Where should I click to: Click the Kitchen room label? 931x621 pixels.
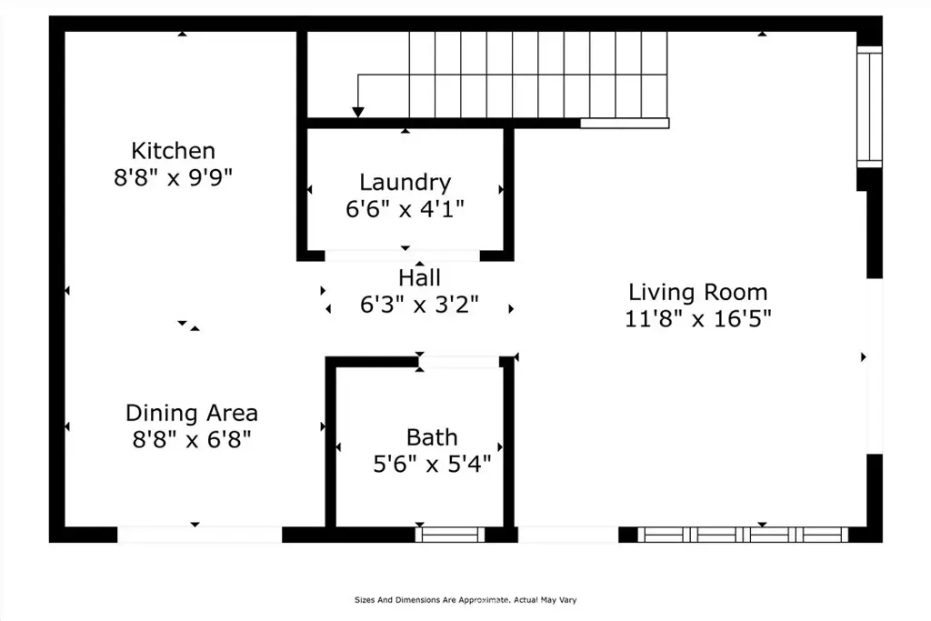pyautogui.click(x=173, y=151)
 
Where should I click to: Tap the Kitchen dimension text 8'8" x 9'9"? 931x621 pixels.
pyautogui.click(x=173, y=177)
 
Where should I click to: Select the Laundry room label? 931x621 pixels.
pyautogui.click(x=405, y=182)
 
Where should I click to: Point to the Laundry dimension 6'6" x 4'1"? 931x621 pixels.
pyautogui.click(x=405, y=208)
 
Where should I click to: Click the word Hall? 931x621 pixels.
pyautogui.click(x=419, y=278)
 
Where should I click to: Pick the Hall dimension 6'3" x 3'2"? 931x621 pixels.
pyautogui.click(x=419, y=305)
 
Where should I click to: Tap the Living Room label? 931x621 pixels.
pyautogui.click(x=697, y=292)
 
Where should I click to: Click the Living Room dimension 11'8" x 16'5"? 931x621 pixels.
pyautogui.click(x=697, y=319)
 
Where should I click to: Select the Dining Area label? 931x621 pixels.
pyautogui.click(x=191, y=413)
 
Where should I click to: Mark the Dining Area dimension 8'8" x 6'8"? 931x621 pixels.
pyautogui.click(x=191, y=440)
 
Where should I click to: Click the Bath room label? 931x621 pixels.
pyautogui.click(x=432, y=437)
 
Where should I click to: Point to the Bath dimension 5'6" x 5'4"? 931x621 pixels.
pyautogui.click(x=432, y=464)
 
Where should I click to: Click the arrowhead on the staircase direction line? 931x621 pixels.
pyautogui.click(x=358, y=112)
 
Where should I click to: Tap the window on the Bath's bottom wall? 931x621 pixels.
pyautogui.click(x=449, y=535)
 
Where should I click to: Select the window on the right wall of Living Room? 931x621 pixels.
pyautogui.click(x=869, y=107)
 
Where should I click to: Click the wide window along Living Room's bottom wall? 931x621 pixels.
pyautogui.click(x=743, y=535)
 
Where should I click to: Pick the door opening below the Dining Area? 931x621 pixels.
pyautogui.click(x=199, y=535)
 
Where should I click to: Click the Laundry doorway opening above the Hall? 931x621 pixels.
pyautogui.click(x=402, y=255)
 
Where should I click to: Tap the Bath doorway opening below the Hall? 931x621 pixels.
pyautogui.click(x=459, y=362)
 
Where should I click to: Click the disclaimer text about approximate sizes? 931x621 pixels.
pyautogui.click(x=465, y=599)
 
